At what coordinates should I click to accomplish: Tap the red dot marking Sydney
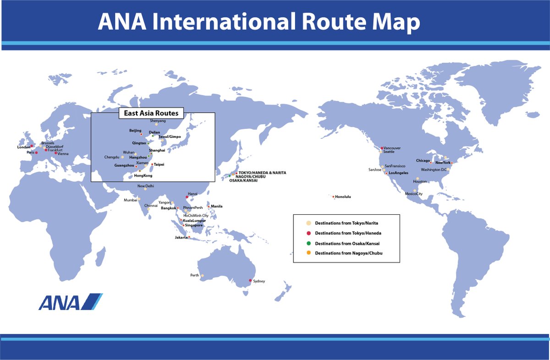click(x=250, y=280)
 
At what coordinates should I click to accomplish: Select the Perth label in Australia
click(x=195, y=275)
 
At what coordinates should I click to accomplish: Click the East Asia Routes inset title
click(x=152, y=113)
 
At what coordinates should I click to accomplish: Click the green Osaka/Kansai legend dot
click(x=308, y=243)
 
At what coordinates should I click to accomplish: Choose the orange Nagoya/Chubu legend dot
click(x=308, y=253)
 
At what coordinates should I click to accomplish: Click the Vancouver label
click(x=393, y=148)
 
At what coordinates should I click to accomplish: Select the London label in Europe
click(x=23, y=147)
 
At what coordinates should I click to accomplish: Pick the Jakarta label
click(x=181, y=237)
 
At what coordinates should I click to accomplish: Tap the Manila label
click(x=217, y=206)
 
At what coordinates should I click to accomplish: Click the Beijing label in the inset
click(x=135, y=131)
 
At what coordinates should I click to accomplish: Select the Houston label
click(x=420, y=181)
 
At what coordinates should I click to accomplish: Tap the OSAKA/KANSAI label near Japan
click(x=243, y=180)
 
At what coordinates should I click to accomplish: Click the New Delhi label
click(x=146, y=185)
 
